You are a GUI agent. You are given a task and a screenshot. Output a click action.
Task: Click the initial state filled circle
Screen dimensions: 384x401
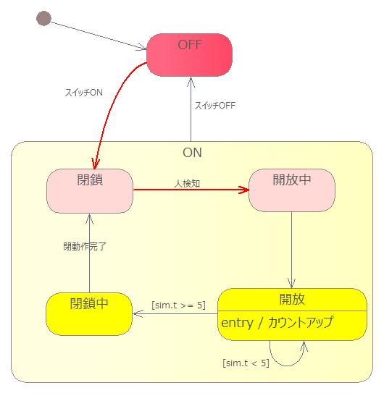(43, 18)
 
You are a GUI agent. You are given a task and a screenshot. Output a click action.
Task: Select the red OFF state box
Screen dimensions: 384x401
(189, 55)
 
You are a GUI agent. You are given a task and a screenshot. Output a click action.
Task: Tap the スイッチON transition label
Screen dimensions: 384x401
(84, 93)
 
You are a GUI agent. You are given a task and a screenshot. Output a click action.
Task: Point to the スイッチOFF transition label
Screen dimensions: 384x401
(215, 106)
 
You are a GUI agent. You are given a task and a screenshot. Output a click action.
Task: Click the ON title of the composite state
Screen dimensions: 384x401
(192, 153)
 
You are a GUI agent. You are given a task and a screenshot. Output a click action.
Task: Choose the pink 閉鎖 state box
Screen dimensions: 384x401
(90, 191)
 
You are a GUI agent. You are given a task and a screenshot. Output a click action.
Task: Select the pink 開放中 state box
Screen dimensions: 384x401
(292, 190)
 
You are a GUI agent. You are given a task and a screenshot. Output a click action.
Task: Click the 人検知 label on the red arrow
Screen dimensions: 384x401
(187, 183)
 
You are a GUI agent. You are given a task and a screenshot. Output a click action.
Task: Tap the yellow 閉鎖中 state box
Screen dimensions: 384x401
(89, 314)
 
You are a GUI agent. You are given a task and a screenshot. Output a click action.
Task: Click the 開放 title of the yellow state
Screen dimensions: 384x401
(292, 299)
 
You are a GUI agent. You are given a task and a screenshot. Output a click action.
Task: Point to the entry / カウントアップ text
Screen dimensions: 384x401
(277, 323)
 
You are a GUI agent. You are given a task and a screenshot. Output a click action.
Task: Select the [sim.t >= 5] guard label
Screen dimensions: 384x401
(178, 305)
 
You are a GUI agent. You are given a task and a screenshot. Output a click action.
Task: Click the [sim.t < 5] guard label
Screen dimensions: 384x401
(246, 363)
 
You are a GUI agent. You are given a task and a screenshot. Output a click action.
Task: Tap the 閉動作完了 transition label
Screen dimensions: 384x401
(85, 247)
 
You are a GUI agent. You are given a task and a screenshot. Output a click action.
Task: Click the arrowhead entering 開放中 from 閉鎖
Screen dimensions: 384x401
(244, 190)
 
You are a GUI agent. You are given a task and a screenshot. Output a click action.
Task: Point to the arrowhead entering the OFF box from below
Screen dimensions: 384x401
(191, 82)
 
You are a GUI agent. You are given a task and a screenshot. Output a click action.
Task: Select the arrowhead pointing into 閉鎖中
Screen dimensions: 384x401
(138, 314)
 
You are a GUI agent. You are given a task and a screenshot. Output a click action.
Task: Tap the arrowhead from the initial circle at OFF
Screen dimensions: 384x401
(141, 47)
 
